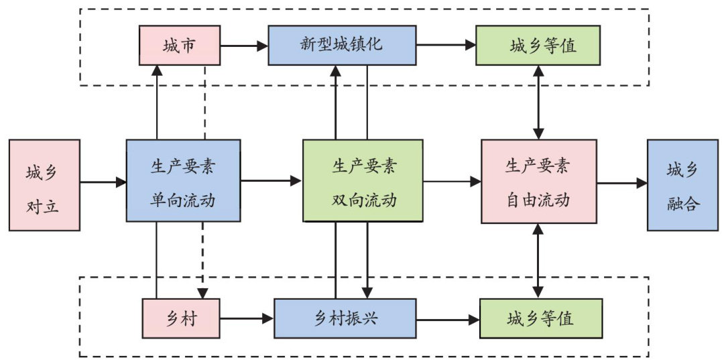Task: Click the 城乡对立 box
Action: coord(44,185)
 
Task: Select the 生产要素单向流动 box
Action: coord(183,180)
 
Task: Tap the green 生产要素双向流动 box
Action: coord(363,180)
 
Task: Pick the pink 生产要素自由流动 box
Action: coord(539,180)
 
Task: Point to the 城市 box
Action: coord(180,46)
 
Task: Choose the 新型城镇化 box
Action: coord(342,46)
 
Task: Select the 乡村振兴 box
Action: coord(345,318)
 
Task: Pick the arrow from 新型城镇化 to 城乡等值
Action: coord(445,46)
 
